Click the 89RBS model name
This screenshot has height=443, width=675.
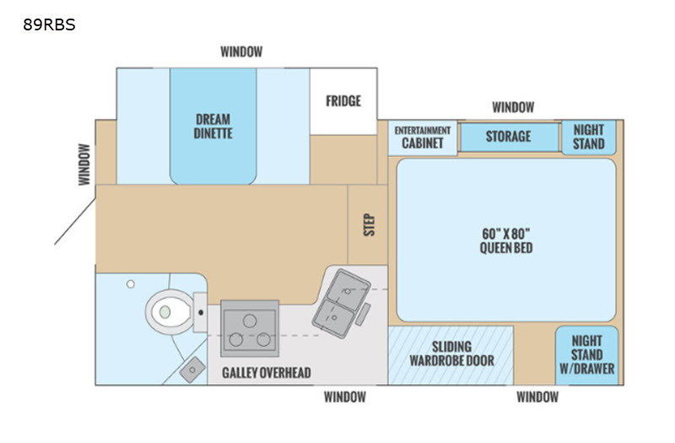coord(49,24)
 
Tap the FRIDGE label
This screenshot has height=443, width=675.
coord(343,100)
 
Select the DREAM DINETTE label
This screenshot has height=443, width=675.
coord(213,126)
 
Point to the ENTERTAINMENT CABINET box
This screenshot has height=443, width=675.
coord(423,138)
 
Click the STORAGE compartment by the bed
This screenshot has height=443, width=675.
coord(510,137)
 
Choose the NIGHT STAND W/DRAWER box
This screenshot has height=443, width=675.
coord(587,355)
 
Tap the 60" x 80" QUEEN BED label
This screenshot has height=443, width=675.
coord(506,240)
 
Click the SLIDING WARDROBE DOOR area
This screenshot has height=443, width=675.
coord(451,355)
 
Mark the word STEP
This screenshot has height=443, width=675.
coord(370,224)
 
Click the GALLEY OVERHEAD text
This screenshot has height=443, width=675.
coord(267,372)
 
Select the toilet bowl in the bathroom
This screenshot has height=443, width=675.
coord(169,311)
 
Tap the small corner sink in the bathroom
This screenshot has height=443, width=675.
coord(192,370)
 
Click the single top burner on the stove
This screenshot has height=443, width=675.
coord(250,321)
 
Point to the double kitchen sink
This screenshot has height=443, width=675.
coord(342,304)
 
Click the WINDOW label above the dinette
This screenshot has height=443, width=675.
coord(241,51)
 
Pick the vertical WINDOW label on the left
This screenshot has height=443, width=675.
coord(84,165)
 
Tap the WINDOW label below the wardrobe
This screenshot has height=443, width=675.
coord(537,397)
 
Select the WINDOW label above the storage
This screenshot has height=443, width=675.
coord(513,107)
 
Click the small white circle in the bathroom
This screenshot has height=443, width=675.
coord(131,284)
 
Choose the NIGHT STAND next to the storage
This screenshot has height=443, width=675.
coord(588,138)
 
